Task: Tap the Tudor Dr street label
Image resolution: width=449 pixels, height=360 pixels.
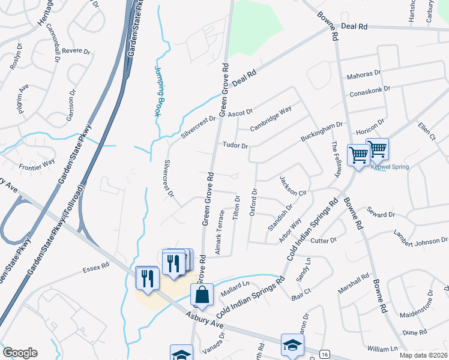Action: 235,146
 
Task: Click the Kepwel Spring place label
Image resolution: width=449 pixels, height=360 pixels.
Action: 390,167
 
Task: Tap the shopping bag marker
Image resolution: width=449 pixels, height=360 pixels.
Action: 202,295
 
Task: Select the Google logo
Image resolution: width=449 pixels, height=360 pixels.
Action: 20,353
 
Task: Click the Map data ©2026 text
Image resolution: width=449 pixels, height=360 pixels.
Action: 424,355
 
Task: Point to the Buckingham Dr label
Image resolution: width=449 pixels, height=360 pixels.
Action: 322,133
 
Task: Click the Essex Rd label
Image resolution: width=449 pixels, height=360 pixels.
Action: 97,265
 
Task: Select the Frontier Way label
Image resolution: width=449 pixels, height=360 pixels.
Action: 37,162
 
